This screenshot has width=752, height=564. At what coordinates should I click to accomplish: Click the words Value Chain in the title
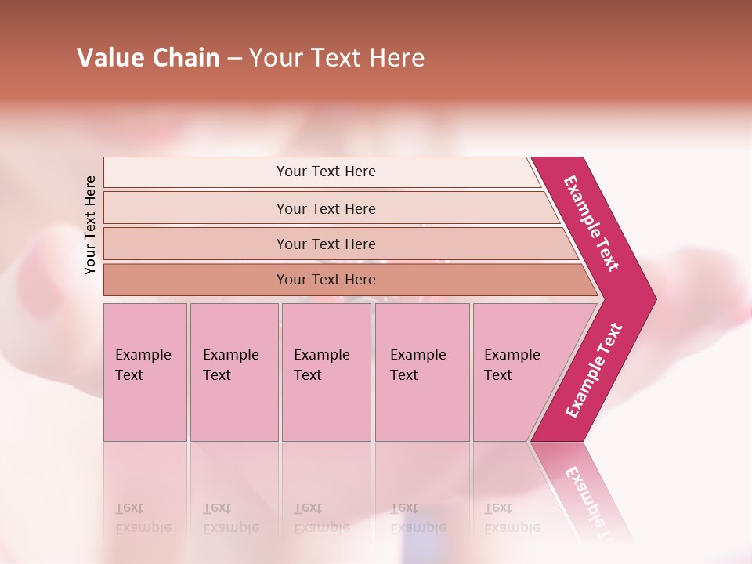148,58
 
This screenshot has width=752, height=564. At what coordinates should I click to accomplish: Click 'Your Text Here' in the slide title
337,58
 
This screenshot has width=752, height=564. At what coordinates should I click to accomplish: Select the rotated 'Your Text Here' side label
90,225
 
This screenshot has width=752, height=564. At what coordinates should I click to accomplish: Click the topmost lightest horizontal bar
325,172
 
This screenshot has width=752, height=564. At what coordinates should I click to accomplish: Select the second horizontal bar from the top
325,208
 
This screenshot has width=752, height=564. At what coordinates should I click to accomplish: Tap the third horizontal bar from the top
325,244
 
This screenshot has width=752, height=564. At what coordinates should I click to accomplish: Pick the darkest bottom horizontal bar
325,280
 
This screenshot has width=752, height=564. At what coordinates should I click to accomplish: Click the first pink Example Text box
145,372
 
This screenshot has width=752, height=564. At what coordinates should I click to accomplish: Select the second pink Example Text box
233,372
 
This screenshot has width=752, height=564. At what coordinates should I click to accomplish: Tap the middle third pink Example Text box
325,372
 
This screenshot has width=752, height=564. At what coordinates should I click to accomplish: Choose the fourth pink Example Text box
421,372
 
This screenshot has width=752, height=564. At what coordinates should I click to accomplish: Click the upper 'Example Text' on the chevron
591,223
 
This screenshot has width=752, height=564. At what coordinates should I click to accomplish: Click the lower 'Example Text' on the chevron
594,371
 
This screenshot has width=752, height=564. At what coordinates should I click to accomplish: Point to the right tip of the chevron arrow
654,299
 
